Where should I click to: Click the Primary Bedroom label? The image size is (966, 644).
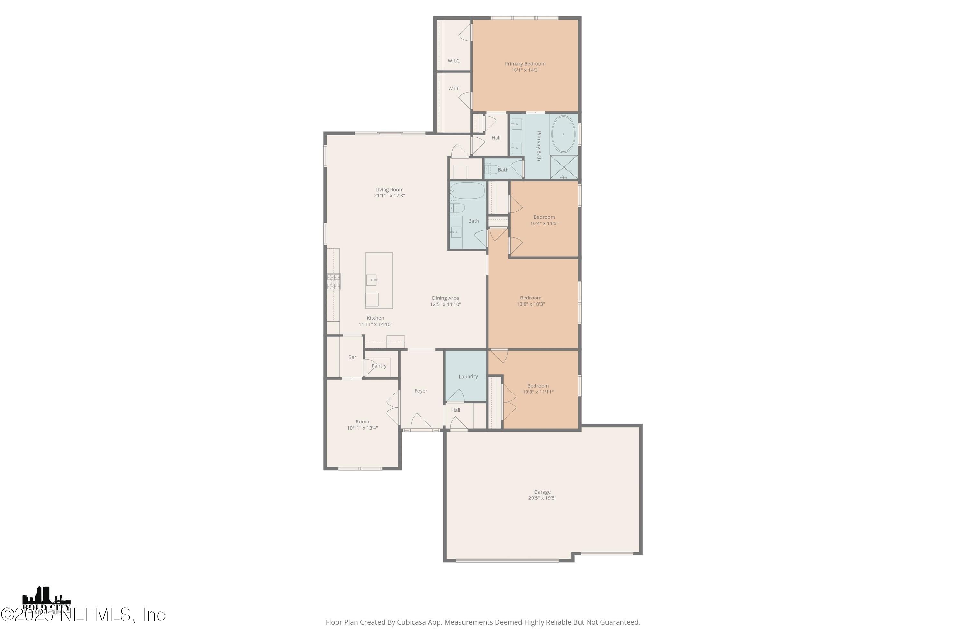click(525, 64)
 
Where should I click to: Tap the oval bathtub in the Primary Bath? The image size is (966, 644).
click(563, 134)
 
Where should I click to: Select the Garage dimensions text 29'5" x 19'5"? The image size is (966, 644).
click(542, 498)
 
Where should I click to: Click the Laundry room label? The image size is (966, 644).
click(468, 376)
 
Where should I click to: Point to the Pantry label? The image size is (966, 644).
click(379, 365)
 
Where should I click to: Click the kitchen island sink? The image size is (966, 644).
click(371, 280)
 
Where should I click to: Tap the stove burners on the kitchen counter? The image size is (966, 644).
click(334, 282)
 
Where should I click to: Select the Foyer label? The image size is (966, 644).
click(421, 391)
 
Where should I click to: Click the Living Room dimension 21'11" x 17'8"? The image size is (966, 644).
click(389, 195)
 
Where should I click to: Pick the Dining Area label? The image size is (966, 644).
click(445, 298)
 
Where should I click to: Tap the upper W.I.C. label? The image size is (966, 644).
click(453, 61)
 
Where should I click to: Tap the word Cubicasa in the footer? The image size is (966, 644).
click(411, 622)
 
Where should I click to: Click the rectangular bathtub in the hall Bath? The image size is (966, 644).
click(468, 191)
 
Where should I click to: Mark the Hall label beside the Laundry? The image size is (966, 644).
click(456, 410)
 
